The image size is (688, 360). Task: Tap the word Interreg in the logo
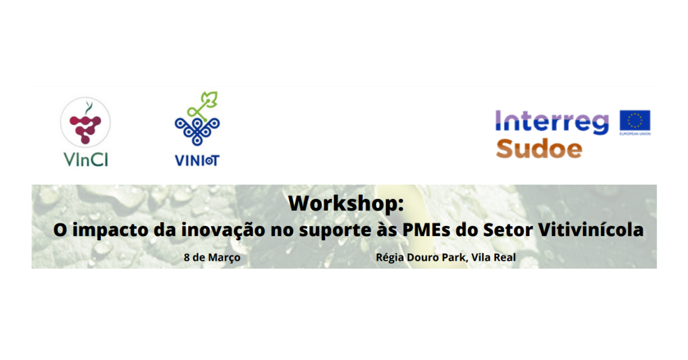(552, 123)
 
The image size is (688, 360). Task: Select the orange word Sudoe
(539, 149)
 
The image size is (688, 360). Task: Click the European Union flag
(635, 120)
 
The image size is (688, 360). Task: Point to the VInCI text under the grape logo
(86, 160)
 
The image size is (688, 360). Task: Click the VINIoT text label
(197, 161)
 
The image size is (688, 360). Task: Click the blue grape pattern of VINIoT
(197, 131)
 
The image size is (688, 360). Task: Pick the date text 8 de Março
(212, 257)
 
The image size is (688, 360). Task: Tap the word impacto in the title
(110, 230)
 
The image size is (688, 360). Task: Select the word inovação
(223, 230)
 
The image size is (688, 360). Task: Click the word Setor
(508, 230)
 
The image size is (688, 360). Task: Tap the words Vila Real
(494, 257)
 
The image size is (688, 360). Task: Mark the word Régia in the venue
(390, 258)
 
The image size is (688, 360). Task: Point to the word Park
(457, 257)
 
